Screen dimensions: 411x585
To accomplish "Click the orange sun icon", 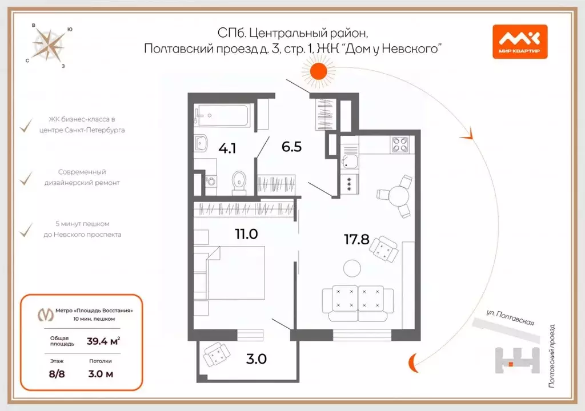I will click(318, 71).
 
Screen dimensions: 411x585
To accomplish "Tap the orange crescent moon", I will click(413, 361).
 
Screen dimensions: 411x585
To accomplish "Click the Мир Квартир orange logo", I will click(519, 42).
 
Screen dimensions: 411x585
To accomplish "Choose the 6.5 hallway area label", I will click(291, 146).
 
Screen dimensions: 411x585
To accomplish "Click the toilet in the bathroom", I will click(238, 182).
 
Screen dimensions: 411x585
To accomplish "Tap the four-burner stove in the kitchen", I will click(400, 144).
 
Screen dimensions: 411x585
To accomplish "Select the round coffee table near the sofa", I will click(351, 268).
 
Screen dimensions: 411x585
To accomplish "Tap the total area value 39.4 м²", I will click(103, 342).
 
